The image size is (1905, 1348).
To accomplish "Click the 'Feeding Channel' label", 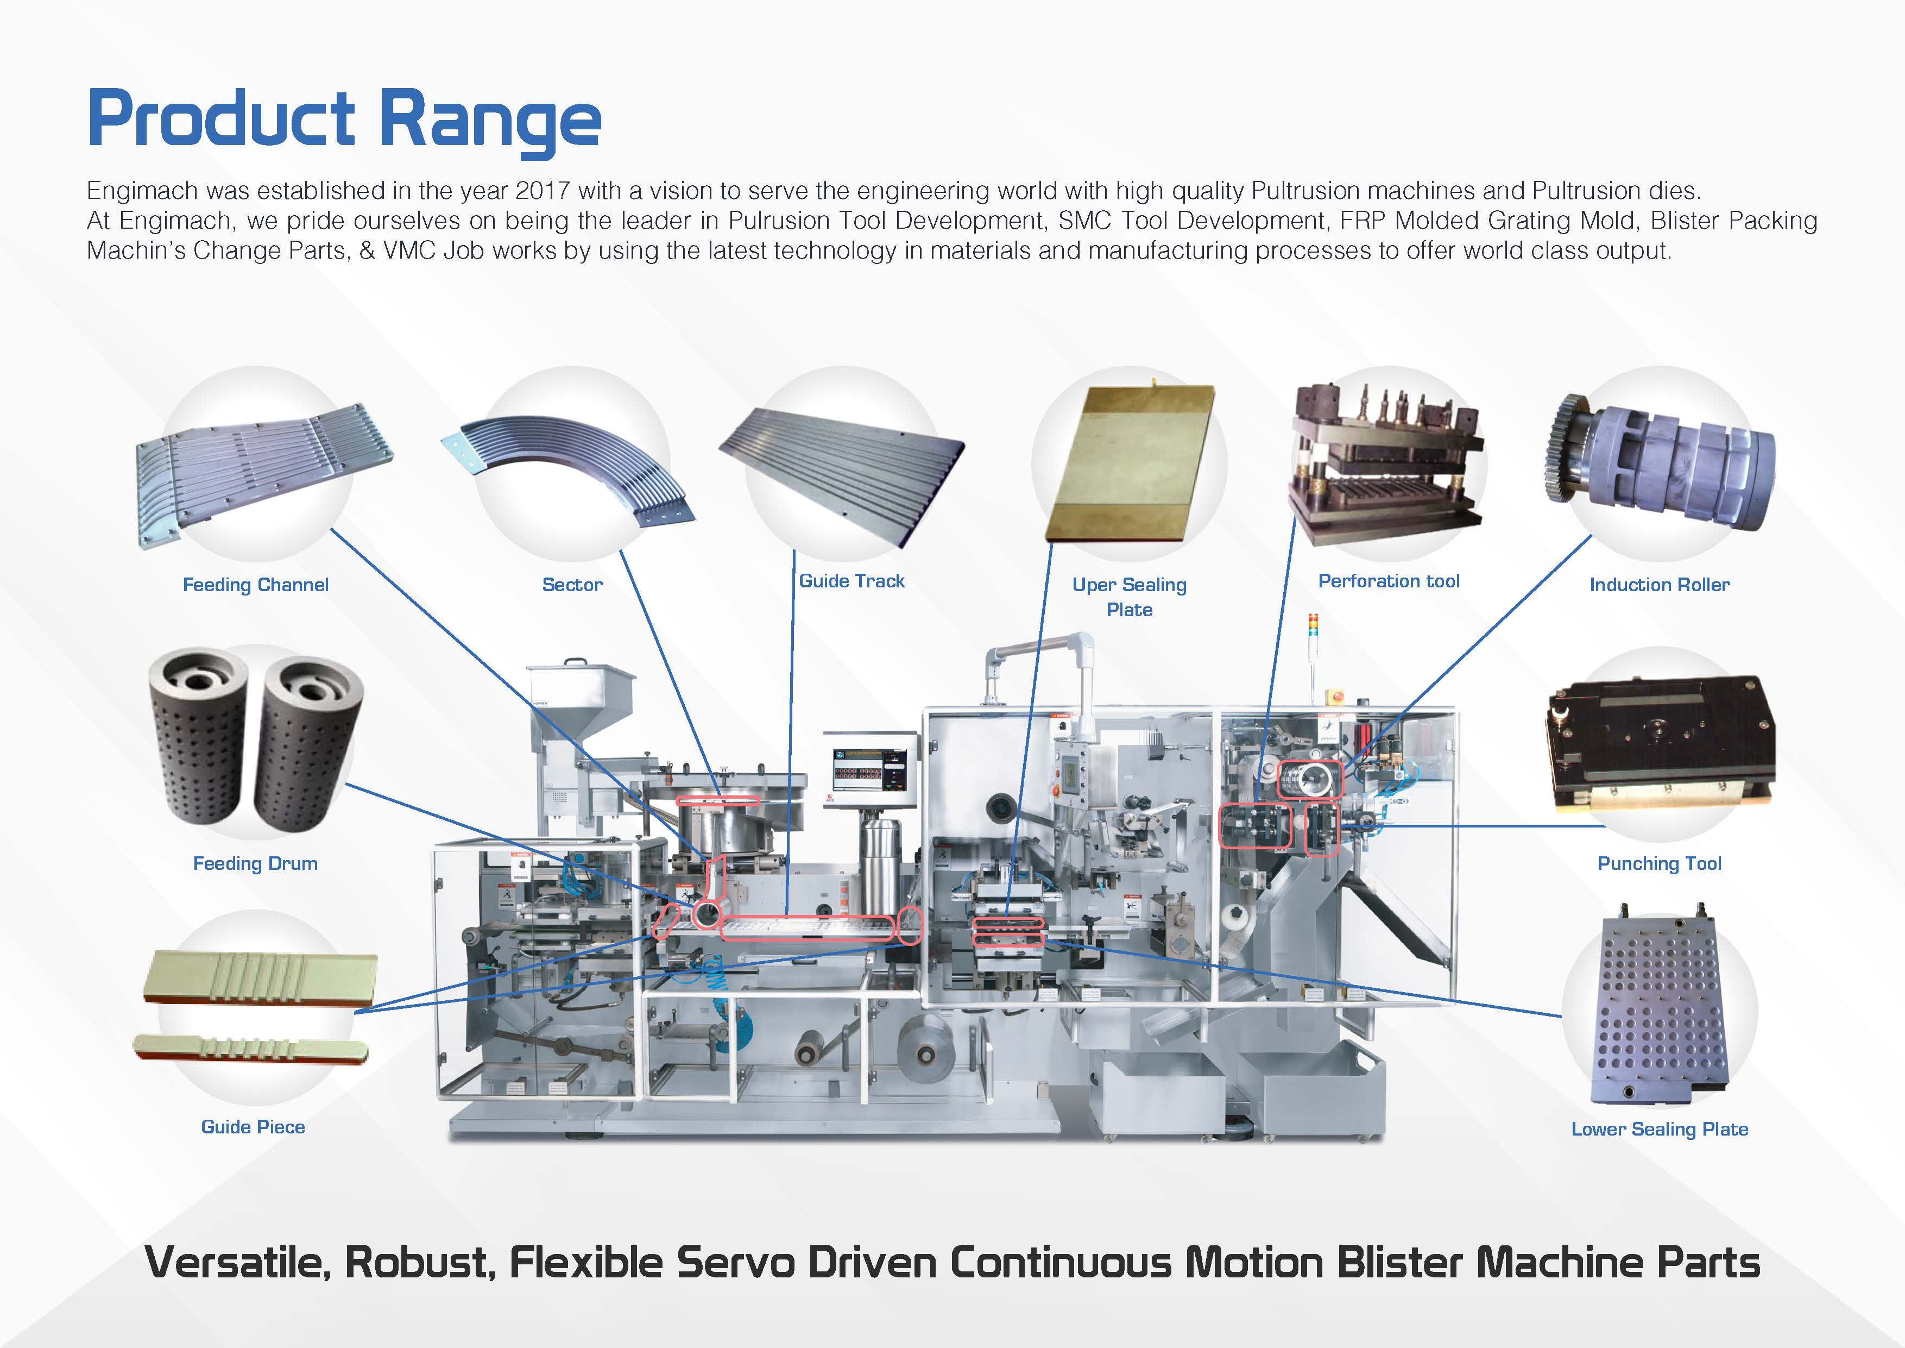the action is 256,585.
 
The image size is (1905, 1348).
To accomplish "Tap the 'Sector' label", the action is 572,585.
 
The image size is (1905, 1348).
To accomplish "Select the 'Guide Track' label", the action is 851,581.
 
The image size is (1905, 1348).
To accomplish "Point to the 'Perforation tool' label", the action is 1389,581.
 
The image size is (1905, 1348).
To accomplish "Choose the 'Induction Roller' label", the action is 1660,585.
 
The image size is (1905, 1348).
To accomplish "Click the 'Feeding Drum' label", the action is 256,863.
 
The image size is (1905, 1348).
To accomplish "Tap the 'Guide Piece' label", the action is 253,1126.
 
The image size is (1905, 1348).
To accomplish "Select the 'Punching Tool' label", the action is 1660,863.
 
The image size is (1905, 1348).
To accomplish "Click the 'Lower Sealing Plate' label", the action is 1660,1129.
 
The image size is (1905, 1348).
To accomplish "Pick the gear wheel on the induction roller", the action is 1568,448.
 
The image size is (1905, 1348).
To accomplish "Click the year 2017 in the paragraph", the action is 542,190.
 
